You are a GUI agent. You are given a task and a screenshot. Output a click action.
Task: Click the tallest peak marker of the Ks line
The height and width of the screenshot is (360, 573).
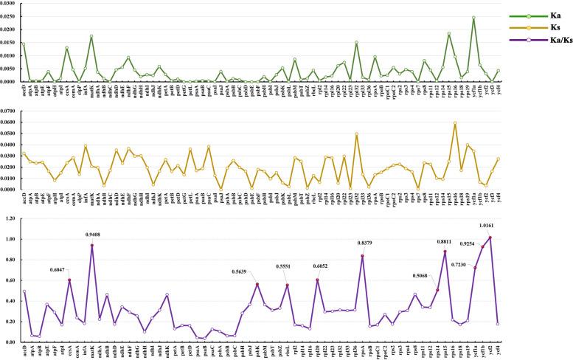click(455, 123)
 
